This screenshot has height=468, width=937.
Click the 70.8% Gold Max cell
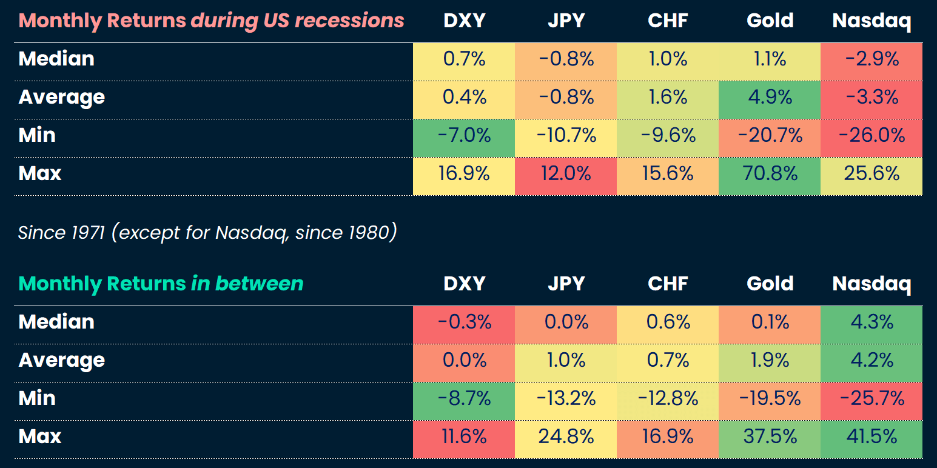pyautogui.click(x=770, y=174)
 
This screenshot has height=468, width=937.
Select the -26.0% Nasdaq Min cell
pyautogui.click(x=872, y=136)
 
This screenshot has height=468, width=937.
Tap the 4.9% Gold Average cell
pyautogui.click(x=770, y=98)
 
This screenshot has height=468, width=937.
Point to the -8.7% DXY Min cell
pyautogui.click(x=464, y=399)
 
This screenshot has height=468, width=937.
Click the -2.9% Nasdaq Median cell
pyautogui.click(x=872, y=59)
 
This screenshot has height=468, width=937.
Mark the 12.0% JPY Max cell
pyautogui.click(x=566, y=174)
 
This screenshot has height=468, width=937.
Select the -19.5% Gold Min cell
pyautogui.click(x=770, y=399)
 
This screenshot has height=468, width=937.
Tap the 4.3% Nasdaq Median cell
pyautogui.click(x=872, y=323)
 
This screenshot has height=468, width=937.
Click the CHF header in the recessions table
pyautogui.click(x=668, y=21)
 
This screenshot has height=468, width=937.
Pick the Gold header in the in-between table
pyautogui.click(x=770, y=284)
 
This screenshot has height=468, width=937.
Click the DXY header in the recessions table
pyautogui.click(x=464, y=21)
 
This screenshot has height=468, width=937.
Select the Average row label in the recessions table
pyautogui.click(x=62, y=98)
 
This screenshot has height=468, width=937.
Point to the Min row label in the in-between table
pyautogui.click(x=37, y=399)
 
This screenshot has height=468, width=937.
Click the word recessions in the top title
pyautogui.click(x=349, y=21)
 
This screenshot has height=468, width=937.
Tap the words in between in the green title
pyautogui.click(x=247, y=284)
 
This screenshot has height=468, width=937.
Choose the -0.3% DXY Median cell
pyautogui.click(x=464, y=323)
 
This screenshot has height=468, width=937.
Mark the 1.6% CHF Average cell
pyautogui.click(x=668, y=98)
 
